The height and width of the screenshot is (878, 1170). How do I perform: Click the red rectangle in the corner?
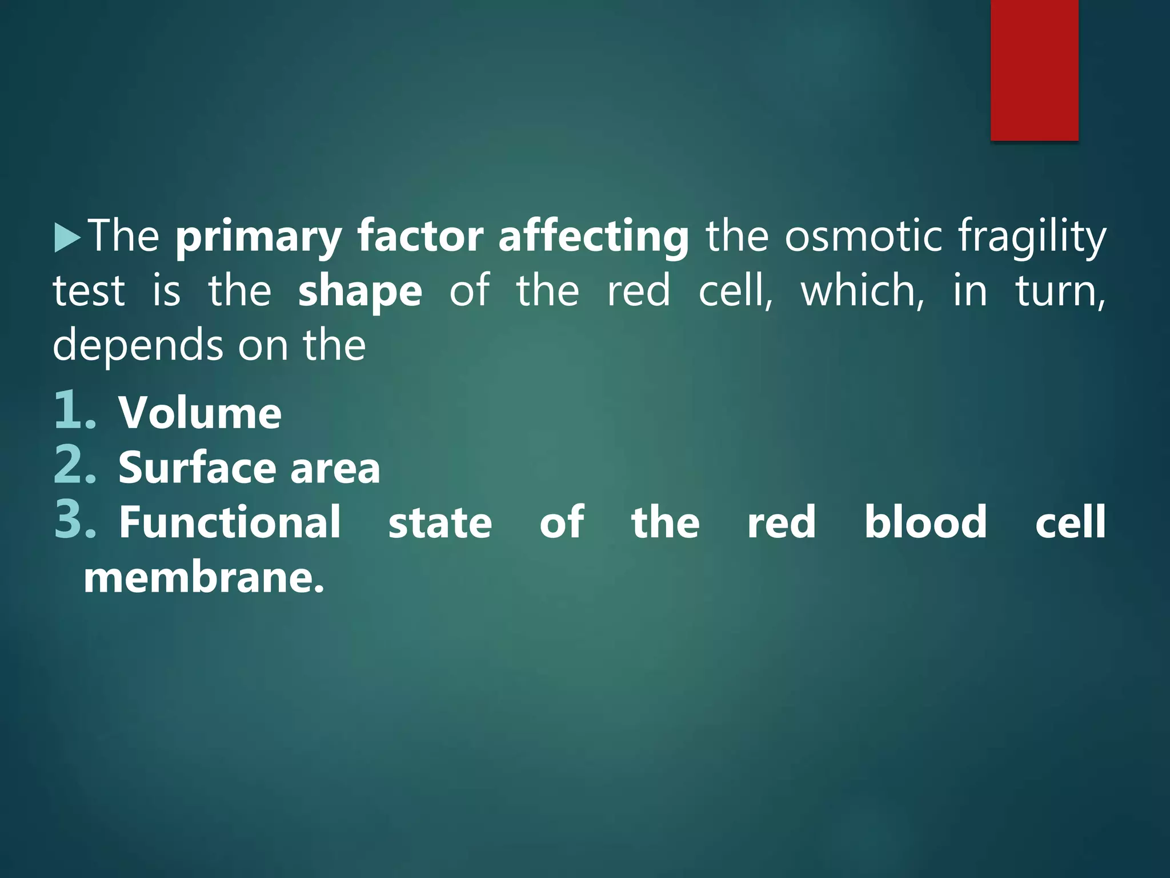(x=1034, y=70)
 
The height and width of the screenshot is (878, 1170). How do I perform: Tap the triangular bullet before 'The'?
(x=67, y=238)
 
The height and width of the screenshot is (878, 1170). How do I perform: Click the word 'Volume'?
(x=200, y=413)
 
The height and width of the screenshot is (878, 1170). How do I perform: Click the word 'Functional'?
(x=230, y=522)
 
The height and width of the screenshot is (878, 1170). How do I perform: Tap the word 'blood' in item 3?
(x=925, y=522)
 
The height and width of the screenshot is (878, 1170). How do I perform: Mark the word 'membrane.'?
(x=204, y=578)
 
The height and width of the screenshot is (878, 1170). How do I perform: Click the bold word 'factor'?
(x=420, y=237)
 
